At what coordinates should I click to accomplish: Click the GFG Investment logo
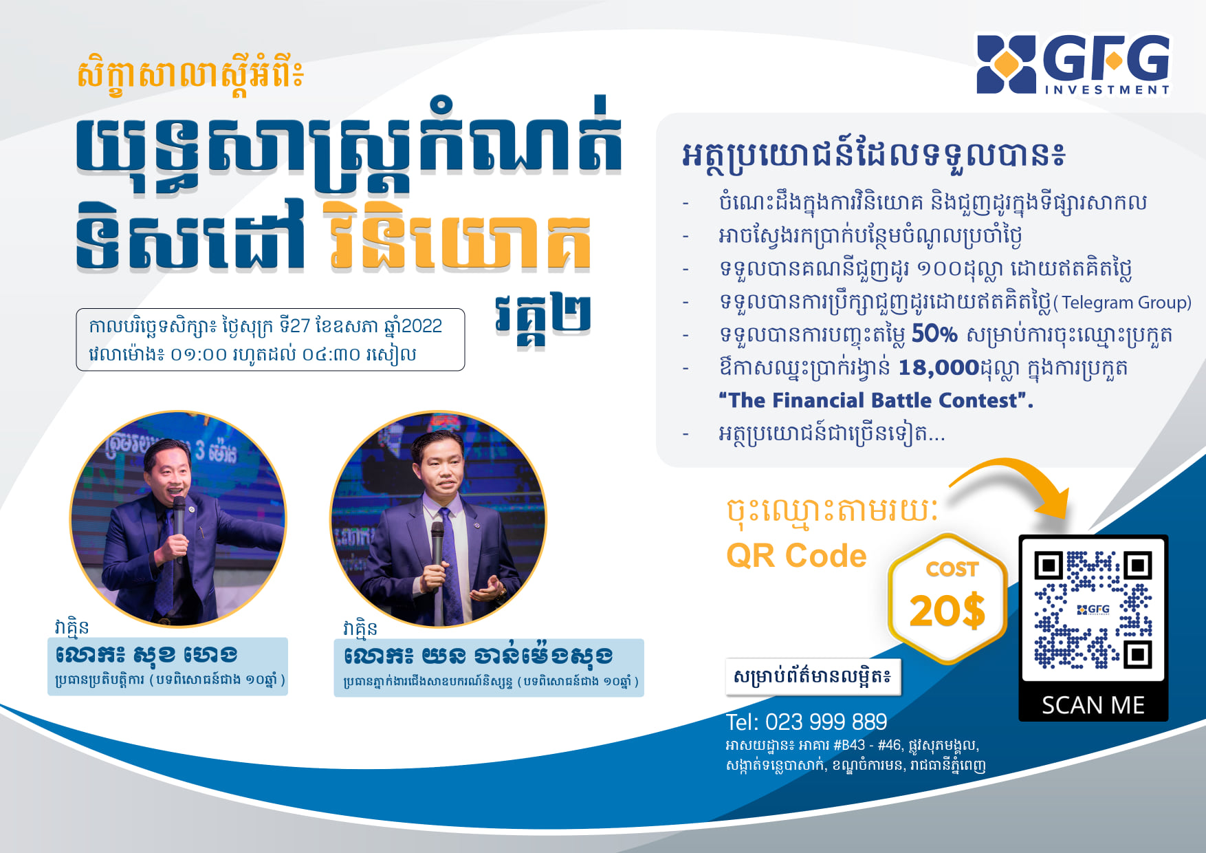click(1073, 64)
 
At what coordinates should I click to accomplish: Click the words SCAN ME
click(1093, 705)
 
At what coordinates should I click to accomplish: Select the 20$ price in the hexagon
click(947, 611)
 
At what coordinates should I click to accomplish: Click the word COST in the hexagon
click(952, 569)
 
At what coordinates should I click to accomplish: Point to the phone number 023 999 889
click(826, 722)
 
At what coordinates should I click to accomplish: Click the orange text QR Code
click(796, 555)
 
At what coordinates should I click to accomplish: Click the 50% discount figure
click(934, 334)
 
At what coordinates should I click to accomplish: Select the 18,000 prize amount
click(939, 367)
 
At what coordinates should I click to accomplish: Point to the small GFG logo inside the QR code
click(1093, 609)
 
